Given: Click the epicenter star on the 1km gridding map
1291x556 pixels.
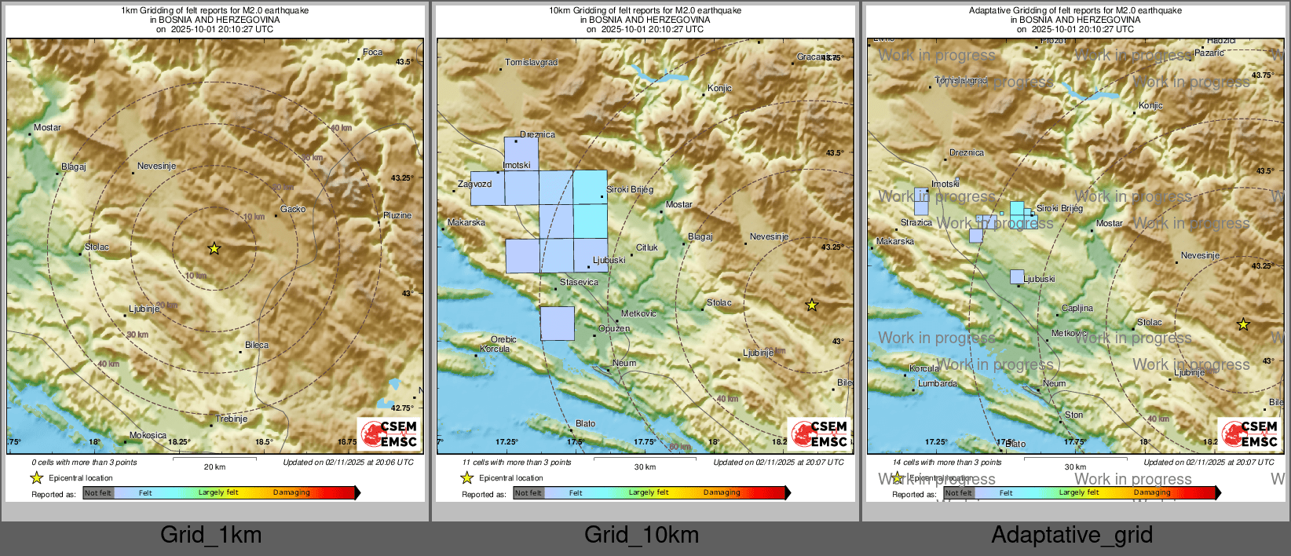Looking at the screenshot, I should tap(214, 249).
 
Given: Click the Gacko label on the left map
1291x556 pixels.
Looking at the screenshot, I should tap(293, 209).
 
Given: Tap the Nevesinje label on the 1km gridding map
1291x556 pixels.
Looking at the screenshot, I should tap(156, 166).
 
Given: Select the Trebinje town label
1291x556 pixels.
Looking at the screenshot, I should tap(232, 419).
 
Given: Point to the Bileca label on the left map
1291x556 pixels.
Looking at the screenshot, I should tap(257, 345).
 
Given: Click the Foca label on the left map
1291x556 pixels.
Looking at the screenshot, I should tap(372, 53).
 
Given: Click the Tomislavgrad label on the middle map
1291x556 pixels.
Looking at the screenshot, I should tap(532, 62).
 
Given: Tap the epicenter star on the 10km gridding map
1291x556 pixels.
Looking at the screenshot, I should tap(812, 305).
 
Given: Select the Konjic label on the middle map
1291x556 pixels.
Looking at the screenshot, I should tap(719, 88).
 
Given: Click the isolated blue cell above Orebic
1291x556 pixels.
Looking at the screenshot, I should tap(558, 324).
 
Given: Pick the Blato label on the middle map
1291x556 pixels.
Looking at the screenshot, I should tap(586, 423).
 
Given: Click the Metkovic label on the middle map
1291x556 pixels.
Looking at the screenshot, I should tap(638, 313).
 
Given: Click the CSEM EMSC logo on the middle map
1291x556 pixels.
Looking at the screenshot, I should tap(820, 433).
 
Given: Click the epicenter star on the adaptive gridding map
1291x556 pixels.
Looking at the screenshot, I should tap(1243, 324).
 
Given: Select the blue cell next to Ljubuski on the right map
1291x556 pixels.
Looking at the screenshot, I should tap(1017, 276).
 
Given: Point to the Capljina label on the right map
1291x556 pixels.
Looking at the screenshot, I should tap(1077, 308).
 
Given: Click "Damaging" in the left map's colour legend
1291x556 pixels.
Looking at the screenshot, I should tap(292, 492).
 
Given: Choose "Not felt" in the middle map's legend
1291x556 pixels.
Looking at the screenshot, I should tap(528, 493).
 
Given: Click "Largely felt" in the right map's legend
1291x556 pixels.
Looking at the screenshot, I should tap(1078, 492).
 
